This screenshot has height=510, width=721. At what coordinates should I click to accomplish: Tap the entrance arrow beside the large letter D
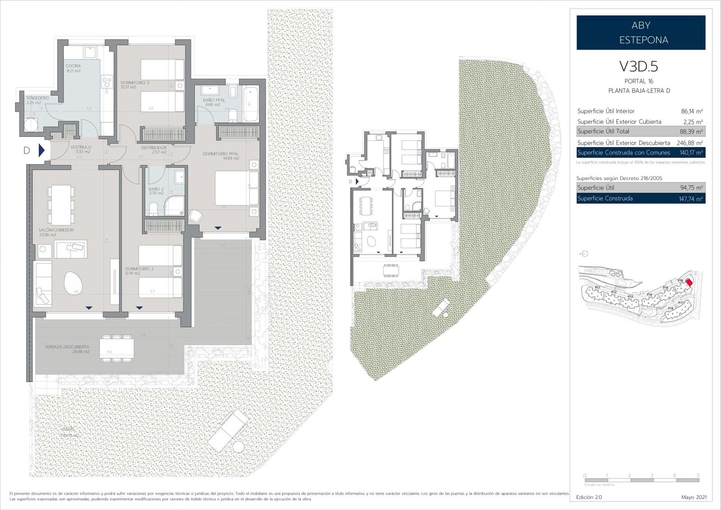(x=41, y=150)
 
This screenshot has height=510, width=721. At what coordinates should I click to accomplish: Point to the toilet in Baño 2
(x=153, y=208)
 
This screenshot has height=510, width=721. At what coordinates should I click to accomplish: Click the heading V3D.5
(x=639, y=67)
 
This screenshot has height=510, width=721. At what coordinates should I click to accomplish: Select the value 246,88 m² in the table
(x=690, y=142)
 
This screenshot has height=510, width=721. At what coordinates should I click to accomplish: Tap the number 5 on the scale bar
(x=698, y=475)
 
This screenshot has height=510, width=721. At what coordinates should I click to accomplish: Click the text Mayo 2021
(x=694, y=497)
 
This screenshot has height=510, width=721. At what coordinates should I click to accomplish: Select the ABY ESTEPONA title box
(x=640, y=32)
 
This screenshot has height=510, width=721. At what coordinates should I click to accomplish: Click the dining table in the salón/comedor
(x=61, y=206)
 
